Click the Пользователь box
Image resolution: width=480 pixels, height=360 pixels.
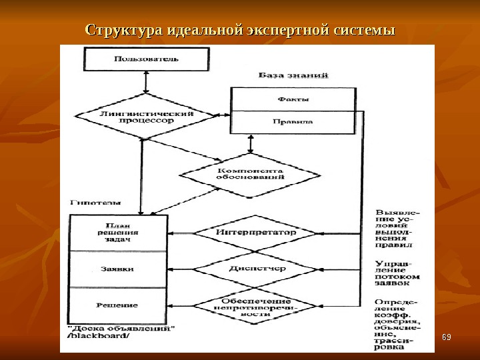[x=146, y=59]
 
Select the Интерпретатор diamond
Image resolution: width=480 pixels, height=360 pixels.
[x=255, y=233]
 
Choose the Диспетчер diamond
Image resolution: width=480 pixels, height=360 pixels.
[x=255, y=269]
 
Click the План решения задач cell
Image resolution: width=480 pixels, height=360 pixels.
[x=118, y=233]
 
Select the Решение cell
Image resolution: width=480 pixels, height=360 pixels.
[x=118, y=305]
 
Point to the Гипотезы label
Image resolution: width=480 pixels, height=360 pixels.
[x=95, y=201]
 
